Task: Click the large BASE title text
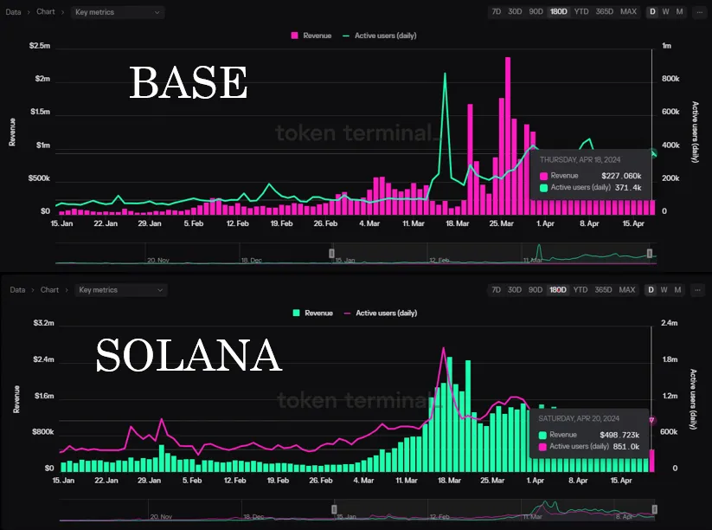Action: [x=189, y=83]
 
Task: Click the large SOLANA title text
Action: [x=189, y=355]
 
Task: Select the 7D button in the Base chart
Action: [x=496, y=12]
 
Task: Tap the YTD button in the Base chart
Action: [x=581, y=12]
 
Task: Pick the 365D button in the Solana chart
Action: [x=604, y=289]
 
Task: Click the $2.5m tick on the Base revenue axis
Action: [x=40, y=45]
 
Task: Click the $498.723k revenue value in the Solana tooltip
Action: [x=619, y=435]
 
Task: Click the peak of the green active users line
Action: [x=445, y=74]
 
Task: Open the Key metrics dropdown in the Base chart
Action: [x=119, y=12]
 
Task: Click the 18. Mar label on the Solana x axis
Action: [x=447, y=479]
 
